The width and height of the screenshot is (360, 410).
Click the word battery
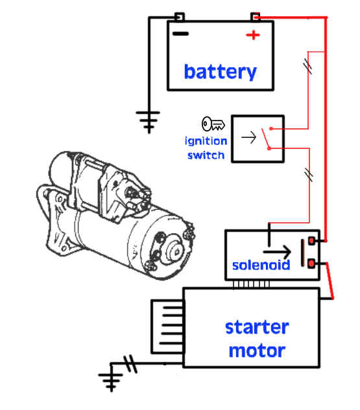click(220, 72)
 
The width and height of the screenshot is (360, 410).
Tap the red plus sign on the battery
click(253, 35)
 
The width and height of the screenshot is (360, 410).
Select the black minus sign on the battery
click(180, 34)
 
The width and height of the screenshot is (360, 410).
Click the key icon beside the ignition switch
click(213, 124)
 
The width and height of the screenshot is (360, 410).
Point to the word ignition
click(206, 141)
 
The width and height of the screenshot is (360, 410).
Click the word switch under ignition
click(206, 155)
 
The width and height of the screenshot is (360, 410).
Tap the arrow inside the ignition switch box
click(248, 137)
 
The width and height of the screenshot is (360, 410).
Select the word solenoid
click(261, 265)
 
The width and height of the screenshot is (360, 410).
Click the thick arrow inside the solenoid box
click(277, 251)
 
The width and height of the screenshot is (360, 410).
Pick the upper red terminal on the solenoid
click(311, 240)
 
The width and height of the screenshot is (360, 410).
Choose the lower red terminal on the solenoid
click(311, 264)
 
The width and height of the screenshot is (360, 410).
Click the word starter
click(257, 327)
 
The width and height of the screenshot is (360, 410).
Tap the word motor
click(257, 350)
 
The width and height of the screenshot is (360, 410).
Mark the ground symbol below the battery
click(148, 122)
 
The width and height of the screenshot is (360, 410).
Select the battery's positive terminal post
click(256, 17)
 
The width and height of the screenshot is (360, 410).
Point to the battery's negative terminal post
click(180, 17)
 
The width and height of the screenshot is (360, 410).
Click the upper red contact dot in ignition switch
click(271, 129)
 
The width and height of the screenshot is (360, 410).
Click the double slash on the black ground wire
click(130, 363)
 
